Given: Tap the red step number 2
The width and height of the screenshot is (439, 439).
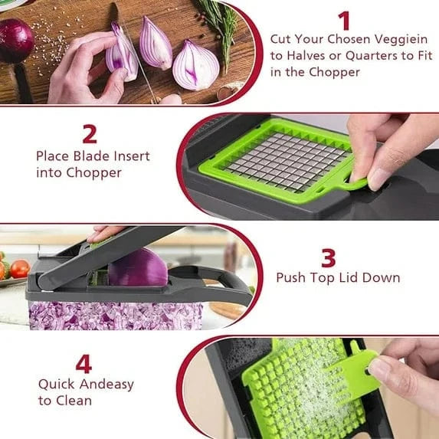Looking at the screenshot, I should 90,134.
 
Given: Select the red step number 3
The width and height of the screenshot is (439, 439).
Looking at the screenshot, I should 328,257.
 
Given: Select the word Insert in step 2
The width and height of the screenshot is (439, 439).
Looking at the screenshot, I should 131,156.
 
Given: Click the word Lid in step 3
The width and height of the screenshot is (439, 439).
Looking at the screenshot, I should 352,277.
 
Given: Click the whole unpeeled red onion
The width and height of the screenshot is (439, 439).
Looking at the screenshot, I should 15,41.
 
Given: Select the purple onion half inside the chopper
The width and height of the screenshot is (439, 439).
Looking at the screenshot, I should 137,269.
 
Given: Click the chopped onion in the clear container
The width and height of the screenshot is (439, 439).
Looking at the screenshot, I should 115,315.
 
